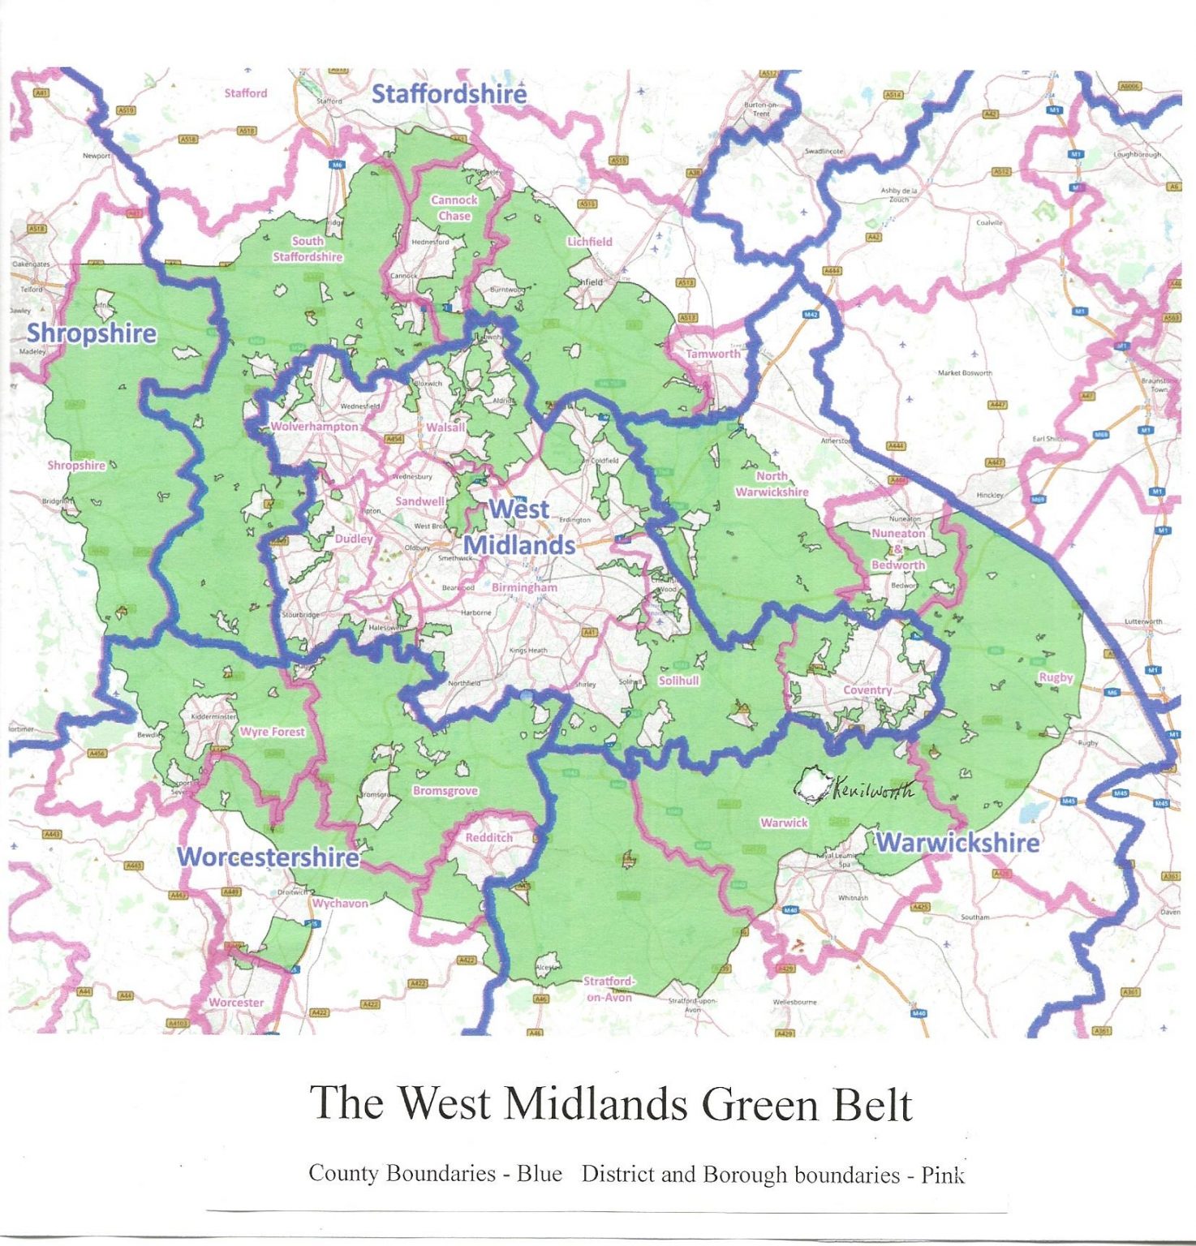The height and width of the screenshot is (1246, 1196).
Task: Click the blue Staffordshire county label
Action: [449, 94]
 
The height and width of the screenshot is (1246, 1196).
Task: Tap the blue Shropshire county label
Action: [92, 333]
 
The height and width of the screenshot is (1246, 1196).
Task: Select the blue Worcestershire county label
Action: [268, 857]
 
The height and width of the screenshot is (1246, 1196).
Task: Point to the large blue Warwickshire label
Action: [957, 843]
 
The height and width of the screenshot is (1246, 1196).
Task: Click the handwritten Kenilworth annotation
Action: [872, 788]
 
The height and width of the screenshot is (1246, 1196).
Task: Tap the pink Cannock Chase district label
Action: [454, 208]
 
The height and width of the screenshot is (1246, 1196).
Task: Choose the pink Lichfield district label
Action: [590, 242]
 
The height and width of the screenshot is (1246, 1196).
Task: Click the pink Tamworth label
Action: [713, 354]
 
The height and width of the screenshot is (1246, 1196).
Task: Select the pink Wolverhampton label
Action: [314, 427]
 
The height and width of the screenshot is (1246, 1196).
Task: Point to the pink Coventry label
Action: [867, 690]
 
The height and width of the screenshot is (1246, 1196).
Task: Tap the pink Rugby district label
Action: [1056, 677]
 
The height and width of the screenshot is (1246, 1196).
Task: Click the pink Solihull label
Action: [678, 681]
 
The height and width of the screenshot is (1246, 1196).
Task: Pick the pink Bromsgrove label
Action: [445, 791]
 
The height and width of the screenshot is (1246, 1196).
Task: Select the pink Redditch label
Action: [489, 837]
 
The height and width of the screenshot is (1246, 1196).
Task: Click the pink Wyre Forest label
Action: [273, 732]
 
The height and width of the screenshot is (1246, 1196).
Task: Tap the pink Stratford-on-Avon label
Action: [609, 989]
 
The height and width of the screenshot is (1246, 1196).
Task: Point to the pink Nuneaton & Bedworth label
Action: [898, 549]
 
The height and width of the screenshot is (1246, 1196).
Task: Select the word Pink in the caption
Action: [942, 1175]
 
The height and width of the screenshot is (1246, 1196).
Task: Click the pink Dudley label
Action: [354, 539]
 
